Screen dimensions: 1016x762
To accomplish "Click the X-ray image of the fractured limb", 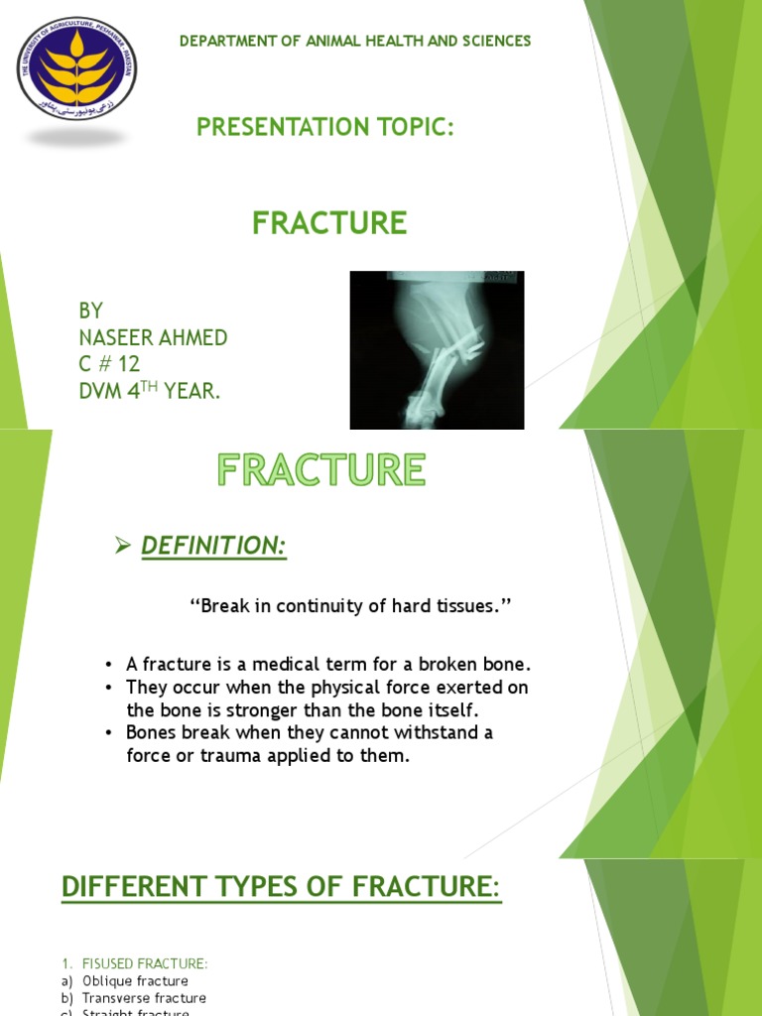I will [437, 350].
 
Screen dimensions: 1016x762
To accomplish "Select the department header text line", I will [354, 41].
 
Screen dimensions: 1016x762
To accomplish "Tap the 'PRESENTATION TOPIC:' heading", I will [324, 127].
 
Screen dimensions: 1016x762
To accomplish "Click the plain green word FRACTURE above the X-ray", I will [329, 224].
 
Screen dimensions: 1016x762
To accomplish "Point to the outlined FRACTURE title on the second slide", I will [321, 469].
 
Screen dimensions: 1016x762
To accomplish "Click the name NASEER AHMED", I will [153, 338].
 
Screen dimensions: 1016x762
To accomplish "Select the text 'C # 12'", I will [110, 365].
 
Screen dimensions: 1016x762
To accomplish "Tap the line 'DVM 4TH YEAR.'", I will [149, 392].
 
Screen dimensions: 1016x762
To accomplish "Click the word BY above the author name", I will [91, 312].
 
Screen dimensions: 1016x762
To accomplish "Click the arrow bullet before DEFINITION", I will [123, 544].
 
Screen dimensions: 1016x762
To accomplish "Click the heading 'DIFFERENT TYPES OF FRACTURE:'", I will [282, 886].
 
